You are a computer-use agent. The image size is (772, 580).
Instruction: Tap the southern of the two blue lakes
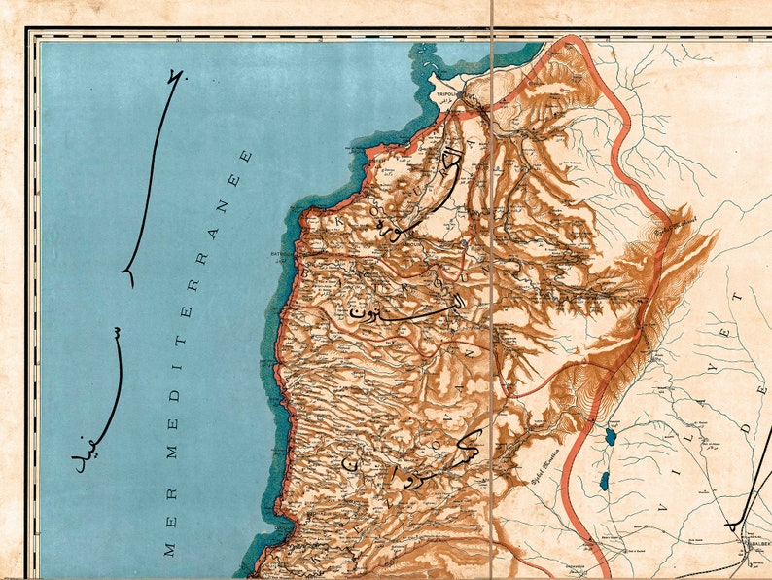pyautogui.click(x=604, y=481)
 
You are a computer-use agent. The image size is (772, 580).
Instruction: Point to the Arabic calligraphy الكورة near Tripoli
pyautogui.click(x=428, y=185)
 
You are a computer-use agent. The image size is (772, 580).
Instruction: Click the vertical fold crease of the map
pyautogui.click(x=493, y=292)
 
